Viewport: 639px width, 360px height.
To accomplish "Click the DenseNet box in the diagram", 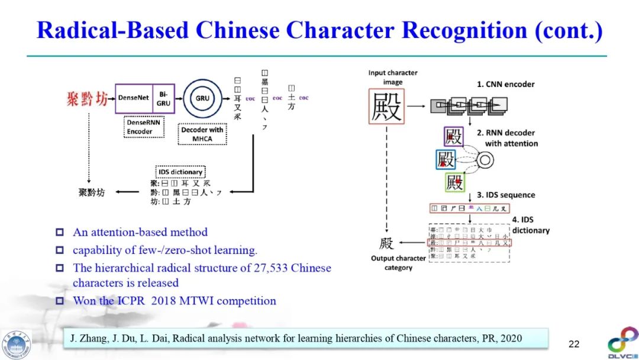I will click(134, 98).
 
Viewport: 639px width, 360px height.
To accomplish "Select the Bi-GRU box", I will click(163, 98).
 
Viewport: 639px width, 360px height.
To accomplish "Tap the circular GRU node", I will click(202, 98).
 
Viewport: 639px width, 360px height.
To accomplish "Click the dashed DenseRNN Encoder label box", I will click(144, 127).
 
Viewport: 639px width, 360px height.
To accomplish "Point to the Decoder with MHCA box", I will click(202, 134).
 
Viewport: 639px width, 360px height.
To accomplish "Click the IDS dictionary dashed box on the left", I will click(180, 172).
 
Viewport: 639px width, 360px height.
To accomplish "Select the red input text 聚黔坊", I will click(88, 98).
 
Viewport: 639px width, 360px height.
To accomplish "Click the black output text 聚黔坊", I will click(92, 192).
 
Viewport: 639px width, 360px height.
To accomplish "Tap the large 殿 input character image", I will click(386, 107).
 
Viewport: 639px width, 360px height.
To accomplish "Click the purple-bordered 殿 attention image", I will click(454, 136).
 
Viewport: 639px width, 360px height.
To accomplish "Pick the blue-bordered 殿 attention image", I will click(446, 159).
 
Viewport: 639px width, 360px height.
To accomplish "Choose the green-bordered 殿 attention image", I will click(454, 182).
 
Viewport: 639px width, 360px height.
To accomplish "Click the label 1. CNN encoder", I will click(505, 84).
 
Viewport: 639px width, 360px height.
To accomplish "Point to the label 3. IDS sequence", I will click(506, 195).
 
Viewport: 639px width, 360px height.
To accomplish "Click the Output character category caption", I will click(398, 263).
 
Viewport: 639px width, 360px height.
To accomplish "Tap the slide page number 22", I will click(574, 343).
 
